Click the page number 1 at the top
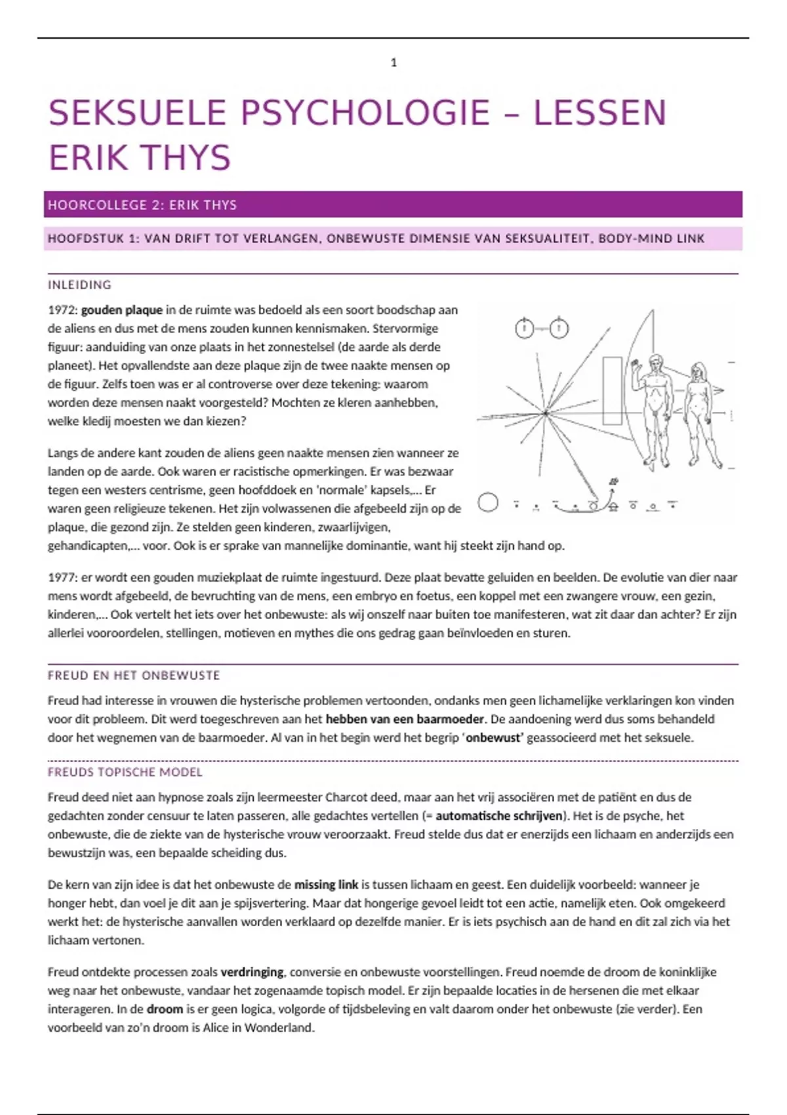[393, 63]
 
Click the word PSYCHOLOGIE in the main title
[365, 113]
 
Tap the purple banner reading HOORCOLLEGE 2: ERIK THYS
[393, 205]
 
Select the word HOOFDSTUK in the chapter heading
[85, 239]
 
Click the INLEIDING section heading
[79, 285]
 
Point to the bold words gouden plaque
[121, 310]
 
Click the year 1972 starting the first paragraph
[62, 310]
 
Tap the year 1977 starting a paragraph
[62, 578]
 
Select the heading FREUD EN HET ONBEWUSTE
[134, 676]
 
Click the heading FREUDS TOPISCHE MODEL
[125, 773]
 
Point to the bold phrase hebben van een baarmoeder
[405, 720]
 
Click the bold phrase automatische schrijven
[499, 817]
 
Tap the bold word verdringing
[252, 972]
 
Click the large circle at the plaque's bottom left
[488, 503]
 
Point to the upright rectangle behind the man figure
[612, 391]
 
